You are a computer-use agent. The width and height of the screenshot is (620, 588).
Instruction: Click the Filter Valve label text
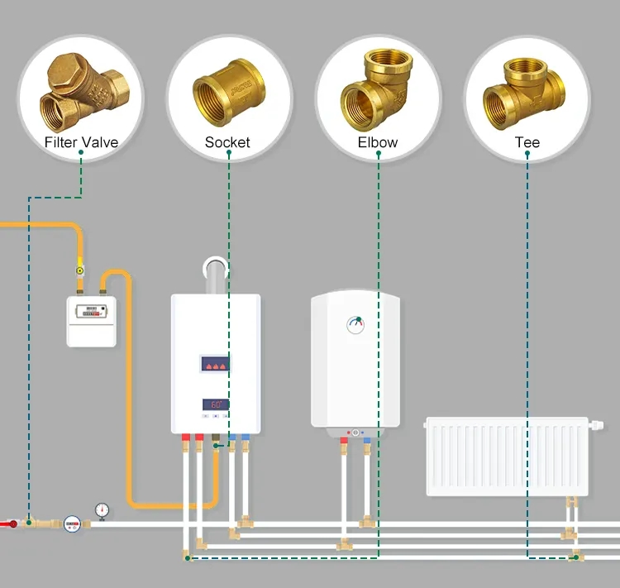[x=81, y=142]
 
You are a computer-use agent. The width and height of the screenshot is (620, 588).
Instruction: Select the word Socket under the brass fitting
[x=227, y=142]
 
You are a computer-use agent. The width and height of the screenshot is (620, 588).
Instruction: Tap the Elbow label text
[x=378, y=142]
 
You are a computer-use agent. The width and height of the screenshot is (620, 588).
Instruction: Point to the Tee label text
[x=527, y=142]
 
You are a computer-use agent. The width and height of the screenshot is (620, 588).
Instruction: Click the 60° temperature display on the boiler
[x=216, y=404]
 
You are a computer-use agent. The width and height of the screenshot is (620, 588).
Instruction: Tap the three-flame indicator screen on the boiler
[x=216, y=364]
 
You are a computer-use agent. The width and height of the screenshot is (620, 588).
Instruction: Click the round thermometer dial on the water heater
[x=356, y=323]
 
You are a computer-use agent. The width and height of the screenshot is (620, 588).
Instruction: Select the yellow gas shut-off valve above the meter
[x=79, y=270]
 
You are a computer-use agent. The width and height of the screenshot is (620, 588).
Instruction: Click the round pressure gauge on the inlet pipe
[x=102, y=509]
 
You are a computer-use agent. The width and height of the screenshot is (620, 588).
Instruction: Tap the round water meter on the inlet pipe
[x=72, y=523]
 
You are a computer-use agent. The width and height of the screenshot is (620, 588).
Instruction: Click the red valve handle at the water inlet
[x=12, y=523]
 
